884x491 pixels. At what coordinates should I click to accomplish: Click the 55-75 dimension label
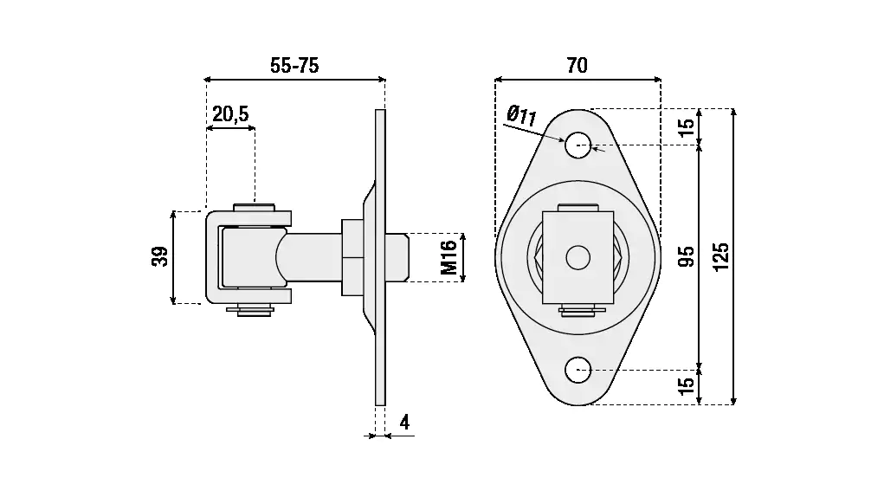coord(294,66)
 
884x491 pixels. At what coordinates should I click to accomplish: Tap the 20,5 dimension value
coord(230,113)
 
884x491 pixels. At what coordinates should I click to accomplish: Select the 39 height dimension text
coord(160,257)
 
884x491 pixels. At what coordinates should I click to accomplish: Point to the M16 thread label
coord(448,257)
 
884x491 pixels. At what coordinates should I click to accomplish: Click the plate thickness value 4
coord(404,423)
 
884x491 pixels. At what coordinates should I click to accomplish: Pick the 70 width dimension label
coord(577,65)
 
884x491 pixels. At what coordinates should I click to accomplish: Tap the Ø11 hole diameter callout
coord(522,115)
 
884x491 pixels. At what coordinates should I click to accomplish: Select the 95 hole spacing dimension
coord(687,256)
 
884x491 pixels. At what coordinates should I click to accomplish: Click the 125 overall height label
coord(721,256)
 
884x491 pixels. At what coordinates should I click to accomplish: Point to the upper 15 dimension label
coord(687,126)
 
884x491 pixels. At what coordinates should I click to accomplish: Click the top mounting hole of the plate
coord(578,145)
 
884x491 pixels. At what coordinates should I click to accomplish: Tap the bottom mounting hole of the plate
coord(578,370)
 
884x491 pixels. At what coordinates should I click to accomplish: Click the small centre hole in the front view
coord(578,256)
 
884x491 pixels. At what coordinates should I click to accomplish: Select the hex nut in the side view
coord(353,256)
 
